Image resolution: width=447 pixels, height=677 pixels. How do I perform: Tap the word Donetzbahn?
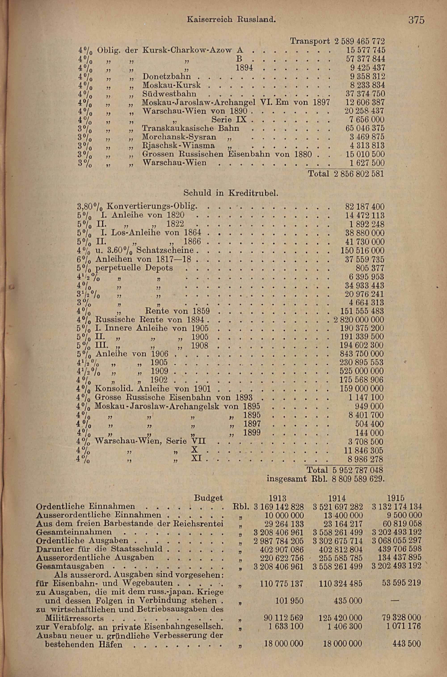pyautogui.click(x=167, y=76)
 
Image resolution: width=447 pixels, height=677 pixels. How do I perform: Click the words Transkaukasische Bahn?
pyautogui.click(x=190, y=128)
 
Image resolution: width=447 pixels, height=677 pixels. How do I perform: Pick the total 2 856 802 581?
pyautogui.click(x=358, y=174)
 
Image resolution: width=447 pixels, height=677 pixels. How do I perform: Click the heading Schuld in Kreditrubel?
pyautogui.click(x=231, y=193)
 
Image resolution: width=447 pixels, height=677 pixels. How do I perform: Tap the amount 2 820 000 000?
pyautogui.click(x=359, y=319)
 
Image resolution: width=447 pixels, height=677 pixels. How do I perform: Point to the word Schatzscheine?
pyautogui.click(x=165, y=250)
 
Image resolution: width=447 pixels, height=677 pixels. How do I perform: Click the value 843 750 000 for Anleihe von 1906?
pyautogui.click(x=362, y=354)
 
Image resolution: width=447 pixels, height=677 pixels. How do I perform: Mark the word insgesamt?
pyautogui.click(x=287, y=479)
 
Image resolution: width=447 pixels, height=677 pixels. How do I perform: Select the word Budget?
pyautogui.click(x=208, y=498)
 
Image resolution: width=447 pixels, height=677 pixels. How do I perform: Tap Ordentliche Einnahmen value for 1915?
pyautogui.click(x=397, y=506)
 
